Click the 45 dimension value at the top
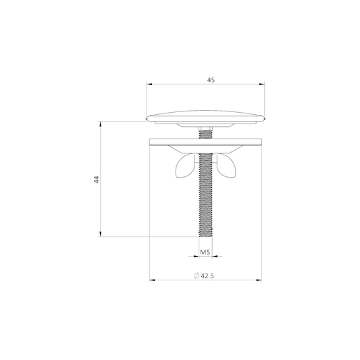point(211,80)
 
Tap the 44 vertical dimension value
point(97,179)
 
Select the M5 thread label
point(205,252)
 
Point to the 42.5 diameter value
point(207,276)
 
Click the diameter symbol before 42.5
point(197,276)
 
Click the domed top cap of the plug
point(206,116)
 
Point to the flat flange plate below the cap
point(205,142)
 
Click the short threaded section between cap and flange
point(205,134)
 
